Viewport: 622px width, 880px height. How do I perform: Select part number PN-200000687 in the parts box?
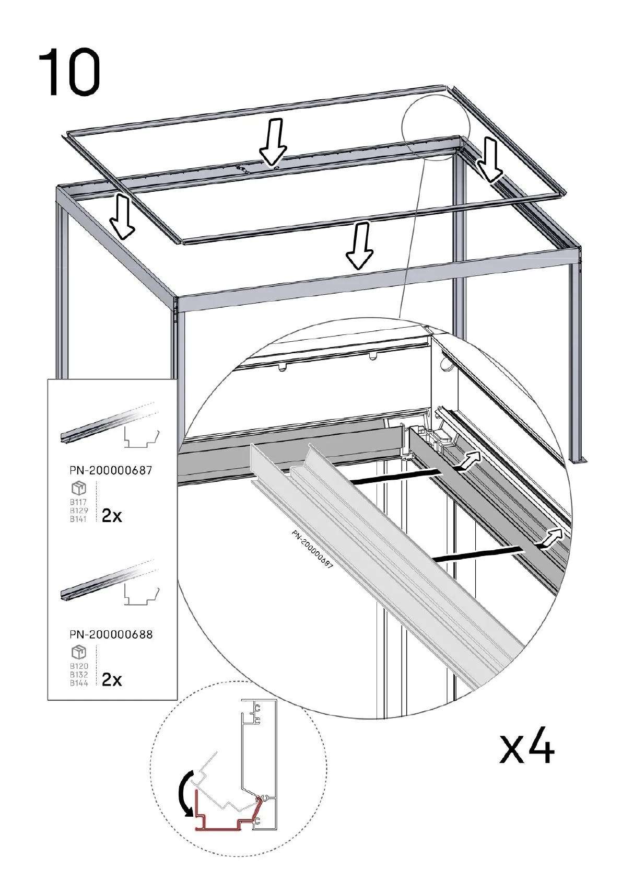click(111, 470)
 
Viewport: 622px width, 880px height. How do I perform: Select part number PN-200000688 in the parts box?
click(111, 634)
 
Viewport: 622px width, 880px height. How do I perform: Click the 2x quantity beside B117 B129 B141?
click(112, 516)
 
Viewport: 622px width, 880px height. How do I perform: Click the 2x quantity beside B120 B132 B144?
click(112, 679)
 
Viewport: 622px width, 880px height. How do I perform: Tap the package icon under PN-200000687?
click(79, 488)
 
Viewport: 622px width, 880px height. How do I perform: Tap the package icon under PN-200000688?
click(79, 652)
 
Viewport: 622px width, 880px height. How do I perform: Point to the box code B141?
click(79, 519)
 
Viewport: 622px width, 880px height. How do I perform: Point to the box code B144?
click(79, 683)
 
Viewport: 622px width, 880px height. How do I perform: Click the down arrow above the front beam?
click(359, 246)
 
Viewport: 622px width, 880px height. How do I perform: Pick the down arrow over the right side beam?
click(490, 159)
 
